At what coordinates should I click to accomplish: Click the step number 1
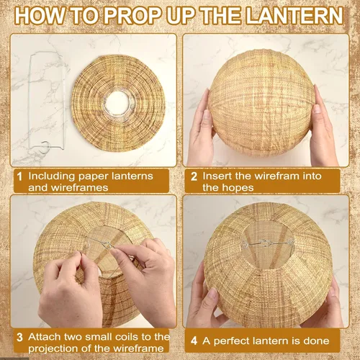coord(19,177)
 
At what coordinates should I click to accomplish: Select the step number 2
coord(194,177)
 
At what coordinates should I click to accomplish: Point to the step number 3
coord(19,338)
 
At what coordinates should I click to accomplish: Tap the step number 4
coord(194,341)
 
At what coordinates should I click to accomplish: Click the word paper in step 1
coord(91,177)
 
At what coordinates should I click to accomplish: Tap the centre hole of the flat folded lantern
coord(117,104)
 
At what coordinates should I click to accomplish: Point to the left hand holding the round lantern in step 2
coord(202,130)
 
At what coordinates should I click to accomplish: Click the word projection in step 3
coord(53,348)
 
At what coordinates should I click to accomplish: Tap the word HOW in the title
coord(40,16)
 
